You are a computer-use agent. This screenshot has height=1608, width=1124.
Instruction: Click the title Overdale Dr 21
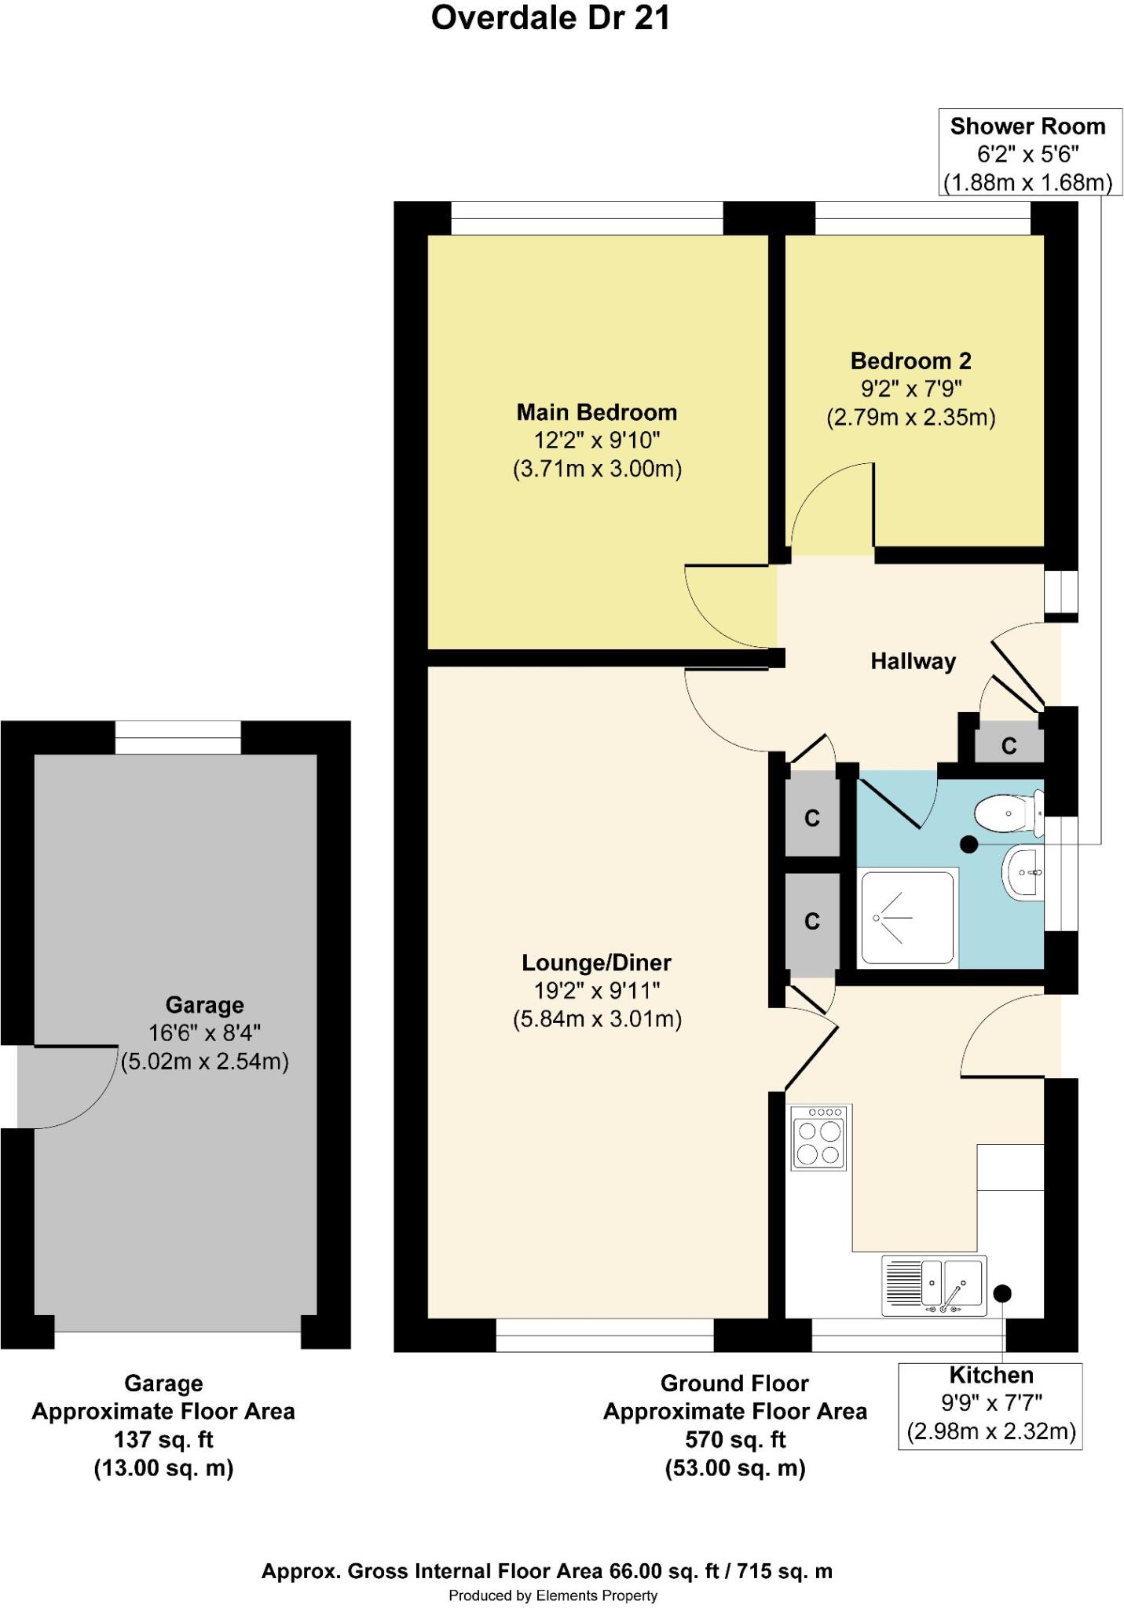[x=551, y=19]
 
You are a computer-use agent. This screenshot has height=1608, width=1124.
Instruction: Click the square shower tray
[x=908, y=917]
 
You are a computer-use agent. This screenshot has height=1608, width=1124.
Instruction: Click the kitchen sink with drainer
[x=933, y=1286]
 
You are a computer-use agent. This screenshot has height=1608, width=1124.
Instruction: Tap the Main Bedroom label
[x=596, y=412]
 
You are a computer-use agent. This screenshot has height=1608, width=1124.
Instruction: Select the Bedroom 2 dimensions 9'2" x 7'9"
[x=911, y=388]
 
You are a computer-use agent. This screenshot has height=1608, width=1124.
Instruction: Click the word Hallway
[x=913, y=661]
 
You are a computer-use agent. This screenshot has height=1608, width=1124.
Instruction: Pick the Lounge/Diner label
[x=596, y=963]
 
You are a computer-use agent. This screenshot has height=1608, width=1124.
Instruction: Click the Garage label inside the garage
[x=204, y=1005]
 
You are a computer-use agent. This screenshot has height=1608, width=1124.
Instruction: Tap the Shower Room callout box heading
[x=1027, y=126]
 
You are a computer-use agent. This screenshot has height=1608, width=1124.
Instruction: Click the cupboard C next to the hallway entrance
[x=1009, y=746]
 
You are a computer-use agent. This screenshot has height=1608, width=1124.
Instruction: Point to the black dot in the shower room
[x=969, y=845]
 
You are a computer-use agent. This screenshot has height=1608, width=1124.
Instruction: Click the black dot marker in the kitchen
[x=1003, y=1292]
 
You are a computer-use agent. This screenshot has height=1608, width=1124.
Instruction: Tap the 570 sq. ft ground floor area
[x=734, y=1439]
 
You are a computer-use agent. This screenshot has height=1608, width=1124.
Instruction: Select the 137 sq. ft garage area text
[x=163, y=1439]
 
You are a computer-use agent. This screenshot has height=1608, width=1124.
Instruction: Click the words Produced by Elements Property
[x=552, y=1595]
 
